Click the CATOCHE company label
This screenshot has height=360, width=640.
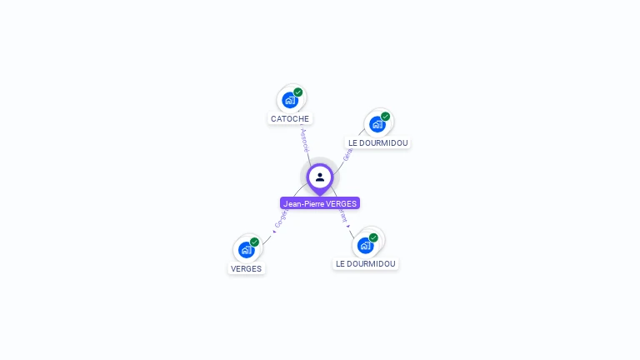coord(290,118)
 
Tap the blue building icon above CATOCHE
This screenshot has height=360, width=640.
coord(290,100)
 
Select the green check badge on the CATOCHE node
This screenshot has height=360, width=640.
coord(298,92)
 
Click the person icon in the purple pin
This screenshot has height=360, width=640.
coord(320,177)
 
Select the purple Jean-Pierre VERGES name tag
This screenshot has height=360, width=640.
coord(320,203)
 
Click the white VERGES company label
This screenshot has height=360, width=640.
coord(246,268)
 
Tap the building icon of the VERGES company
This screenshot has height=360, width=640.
coord(246,250)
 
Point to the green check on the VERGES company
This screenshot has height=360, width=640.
coord(254,242)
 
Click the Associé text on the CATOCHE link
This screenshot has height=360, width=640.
coord(305,138)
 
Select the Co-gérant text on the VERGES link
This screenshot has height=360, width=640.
coord(281,219)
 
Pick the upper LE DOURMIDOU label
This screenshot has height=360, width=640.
coord(378,142)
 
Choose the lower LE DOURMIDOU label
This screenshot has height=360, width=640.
coord(366,263)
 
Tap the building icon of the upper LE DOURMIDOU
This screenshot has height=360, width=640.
coord(377,124)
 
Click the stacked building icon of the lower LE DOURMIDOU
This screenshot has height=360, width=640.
coord(365,245)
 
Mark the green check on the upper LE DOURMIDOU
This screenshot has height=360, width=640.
coord(385,117)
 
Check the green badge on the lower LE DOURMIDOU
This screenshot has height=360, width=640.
coord(373,237)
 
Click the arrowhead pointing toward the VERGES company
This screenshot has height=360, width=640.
coord(274,232)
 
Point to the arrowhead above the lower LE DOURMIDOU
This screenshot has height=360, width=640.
coord(348,226)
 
